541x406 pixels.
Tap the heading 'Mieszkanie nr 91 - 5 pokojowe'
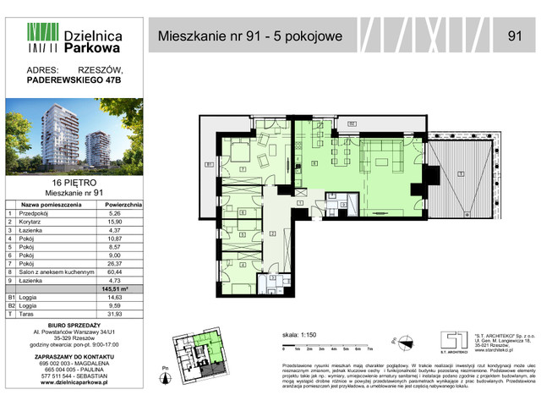pyautogui.click(x=254, y=36)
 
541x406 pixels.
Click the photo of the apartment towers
pyautogui.click(x=74, y=136)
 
